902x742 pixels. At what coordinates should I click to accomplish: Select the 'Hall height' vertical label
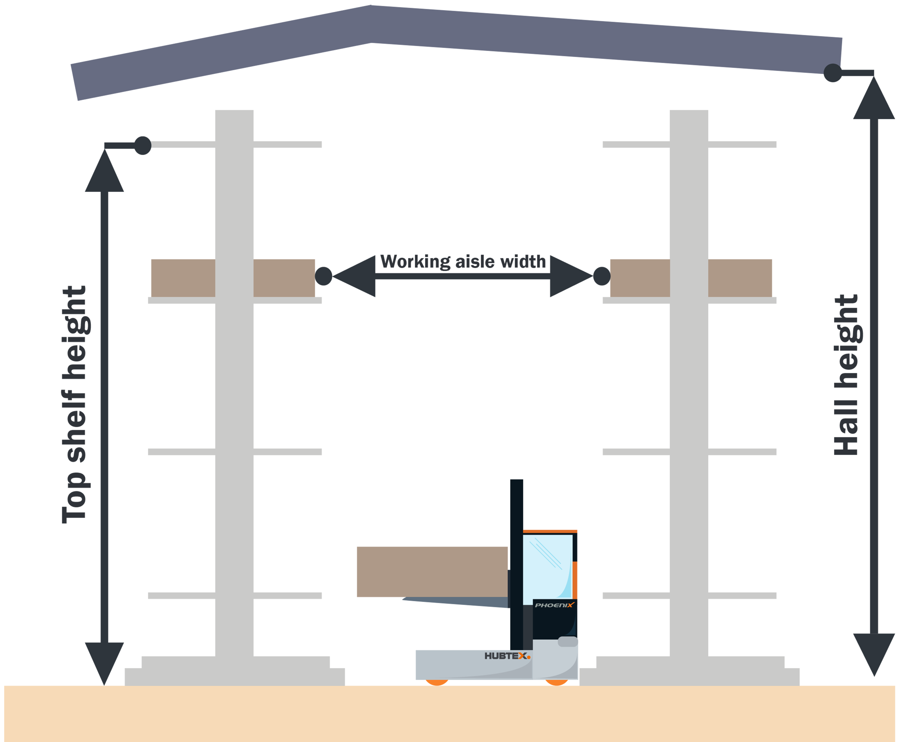846,374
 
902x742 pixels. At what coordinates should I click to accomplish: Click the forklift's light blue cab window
547,566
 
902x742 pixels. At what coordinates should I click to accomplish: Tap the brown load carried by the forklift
432,572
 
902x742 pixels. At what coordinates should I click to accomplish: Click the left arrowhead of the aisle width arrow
354,276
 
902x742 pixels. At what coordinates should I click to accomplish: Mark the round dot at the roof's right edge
832,73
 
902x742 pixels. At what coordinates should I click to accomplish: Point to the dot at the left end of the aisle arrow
324,276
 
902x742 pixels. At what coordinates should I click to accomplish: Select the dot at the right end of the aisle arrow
602,276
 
